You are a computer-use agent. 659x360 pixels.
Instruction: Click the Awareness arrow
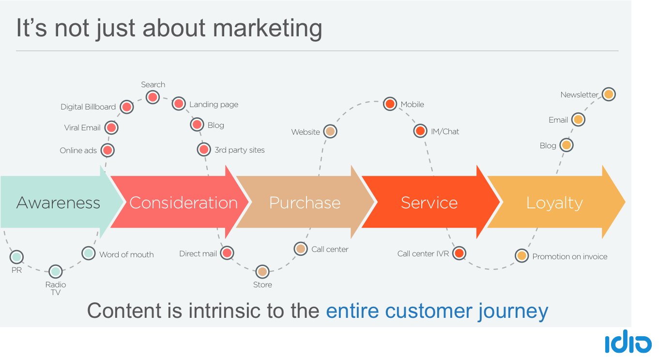tap(58, 203)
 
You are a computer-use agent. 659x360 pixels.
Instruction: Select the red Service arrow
tap(429, 203)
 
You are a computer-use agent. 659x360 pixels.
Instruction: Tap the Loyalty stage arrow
tap(554, 203)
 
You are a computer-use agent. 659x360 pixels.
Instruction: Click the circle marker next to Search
tap(153, 97)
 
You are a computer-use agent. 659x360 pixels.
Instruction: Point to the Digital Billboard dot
tap(126, 107)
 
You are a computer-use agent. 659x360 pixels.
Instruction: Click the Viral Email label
tap(82, 128)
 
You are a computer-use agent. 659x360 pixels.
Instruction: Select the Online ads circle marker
tap(107, 150)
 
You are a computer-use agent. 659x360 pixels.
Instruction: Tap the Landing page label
tap(214, 105)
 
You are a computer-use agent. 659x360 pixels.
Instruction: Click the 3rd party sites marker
tap(204, 150)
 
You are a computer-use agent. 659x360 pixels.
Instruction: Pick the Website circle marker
tap(330, 131)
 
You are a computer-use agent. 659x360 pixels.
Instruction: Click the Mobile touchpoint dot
tap(390, 104)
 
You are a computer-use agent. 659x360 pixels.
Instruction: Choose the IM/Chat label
tap(444, 131)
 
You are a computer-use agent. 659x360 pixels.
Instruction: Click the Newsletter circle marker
tap(609, 94)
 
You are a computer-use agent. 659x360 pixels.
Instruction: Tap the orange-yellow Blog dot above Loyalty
tap(566, 145)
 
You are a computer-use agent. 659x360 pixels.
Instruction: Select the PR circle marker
tap(16, 257)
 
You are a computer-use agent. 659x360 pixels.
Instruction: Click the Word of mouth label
tap(126, 255)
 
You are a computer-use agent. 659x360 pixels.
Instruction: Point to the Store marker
tap(262, 271)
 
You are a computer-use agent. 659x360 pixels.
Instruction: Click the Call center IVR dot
tap(459, 253)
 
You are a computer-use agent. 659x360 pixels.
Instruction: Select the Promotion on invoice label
tap(569, 257)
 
